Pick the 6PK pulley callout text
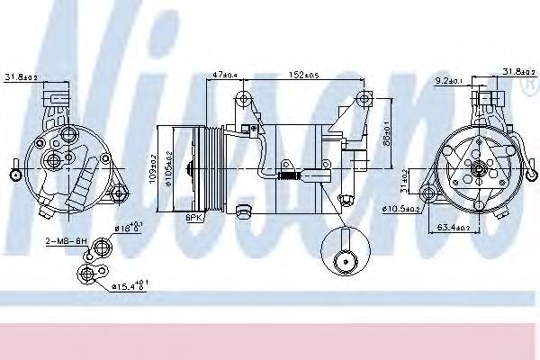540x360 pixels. [193, 217]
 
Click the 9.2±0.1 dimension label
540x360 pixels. [448, 80]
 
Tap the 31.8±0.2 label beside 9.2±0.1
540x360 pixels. [516, 72]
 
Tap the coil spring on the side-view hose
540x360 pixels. [285, 175]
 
